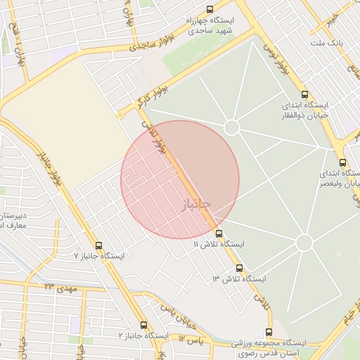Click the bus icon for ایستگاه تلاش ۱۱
pos(219,233)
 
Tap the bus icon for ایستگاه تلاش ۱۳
pos(239,268)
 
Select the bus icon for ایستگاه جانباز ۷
pos(98,246)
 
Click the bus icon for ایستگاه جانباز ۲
pos(144,325)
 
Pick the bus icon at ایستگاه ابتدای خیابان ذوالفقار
pos(304,94)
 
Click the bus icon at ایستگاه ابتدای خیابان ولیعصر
pos(342,162)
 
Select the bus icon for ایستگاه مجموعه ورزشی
pos(268,332)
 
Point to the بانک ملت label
pos(326,44)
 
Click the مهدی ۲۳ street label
pos(60,288)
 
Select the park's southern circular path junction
pos(304,243)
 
